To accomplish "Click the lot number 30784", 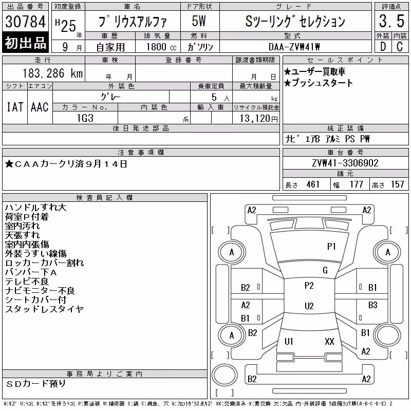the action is click(25, 22).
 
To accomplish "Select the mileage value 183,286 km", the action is click(52, 73).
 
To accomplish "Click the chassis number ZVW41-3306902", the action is click(345, 163).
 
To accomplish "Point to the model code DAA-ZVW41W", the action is click(294, 47).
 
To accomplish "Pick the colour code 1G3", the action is click(85, 118).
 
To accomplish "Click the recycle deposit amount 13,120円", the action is click(259, 119).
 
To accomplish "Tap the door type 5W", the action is click(199, 21).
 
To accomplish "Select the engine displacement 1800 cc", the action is click(161, 47).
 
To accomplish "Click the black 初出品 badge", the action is click(25, 43).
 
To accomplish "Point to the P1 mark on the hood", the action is click(331, 247).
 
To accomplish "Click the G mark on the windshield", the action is click(325, 270).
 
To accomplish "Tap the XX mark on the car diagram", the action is click(329, 341).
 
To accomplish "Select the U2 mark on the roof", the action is click(309, 306).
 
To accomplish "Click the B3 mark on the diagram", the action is click(372, 305).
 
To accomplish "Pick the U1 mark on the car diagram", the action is click(289, 341).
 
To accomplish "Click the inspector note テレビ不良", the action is click(27, 282).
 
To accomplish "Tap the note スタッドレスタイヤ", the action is click(44, 309).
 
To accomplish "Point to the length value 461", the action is click(313, 184).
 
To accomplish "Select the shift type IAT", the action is click(15, 107).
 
